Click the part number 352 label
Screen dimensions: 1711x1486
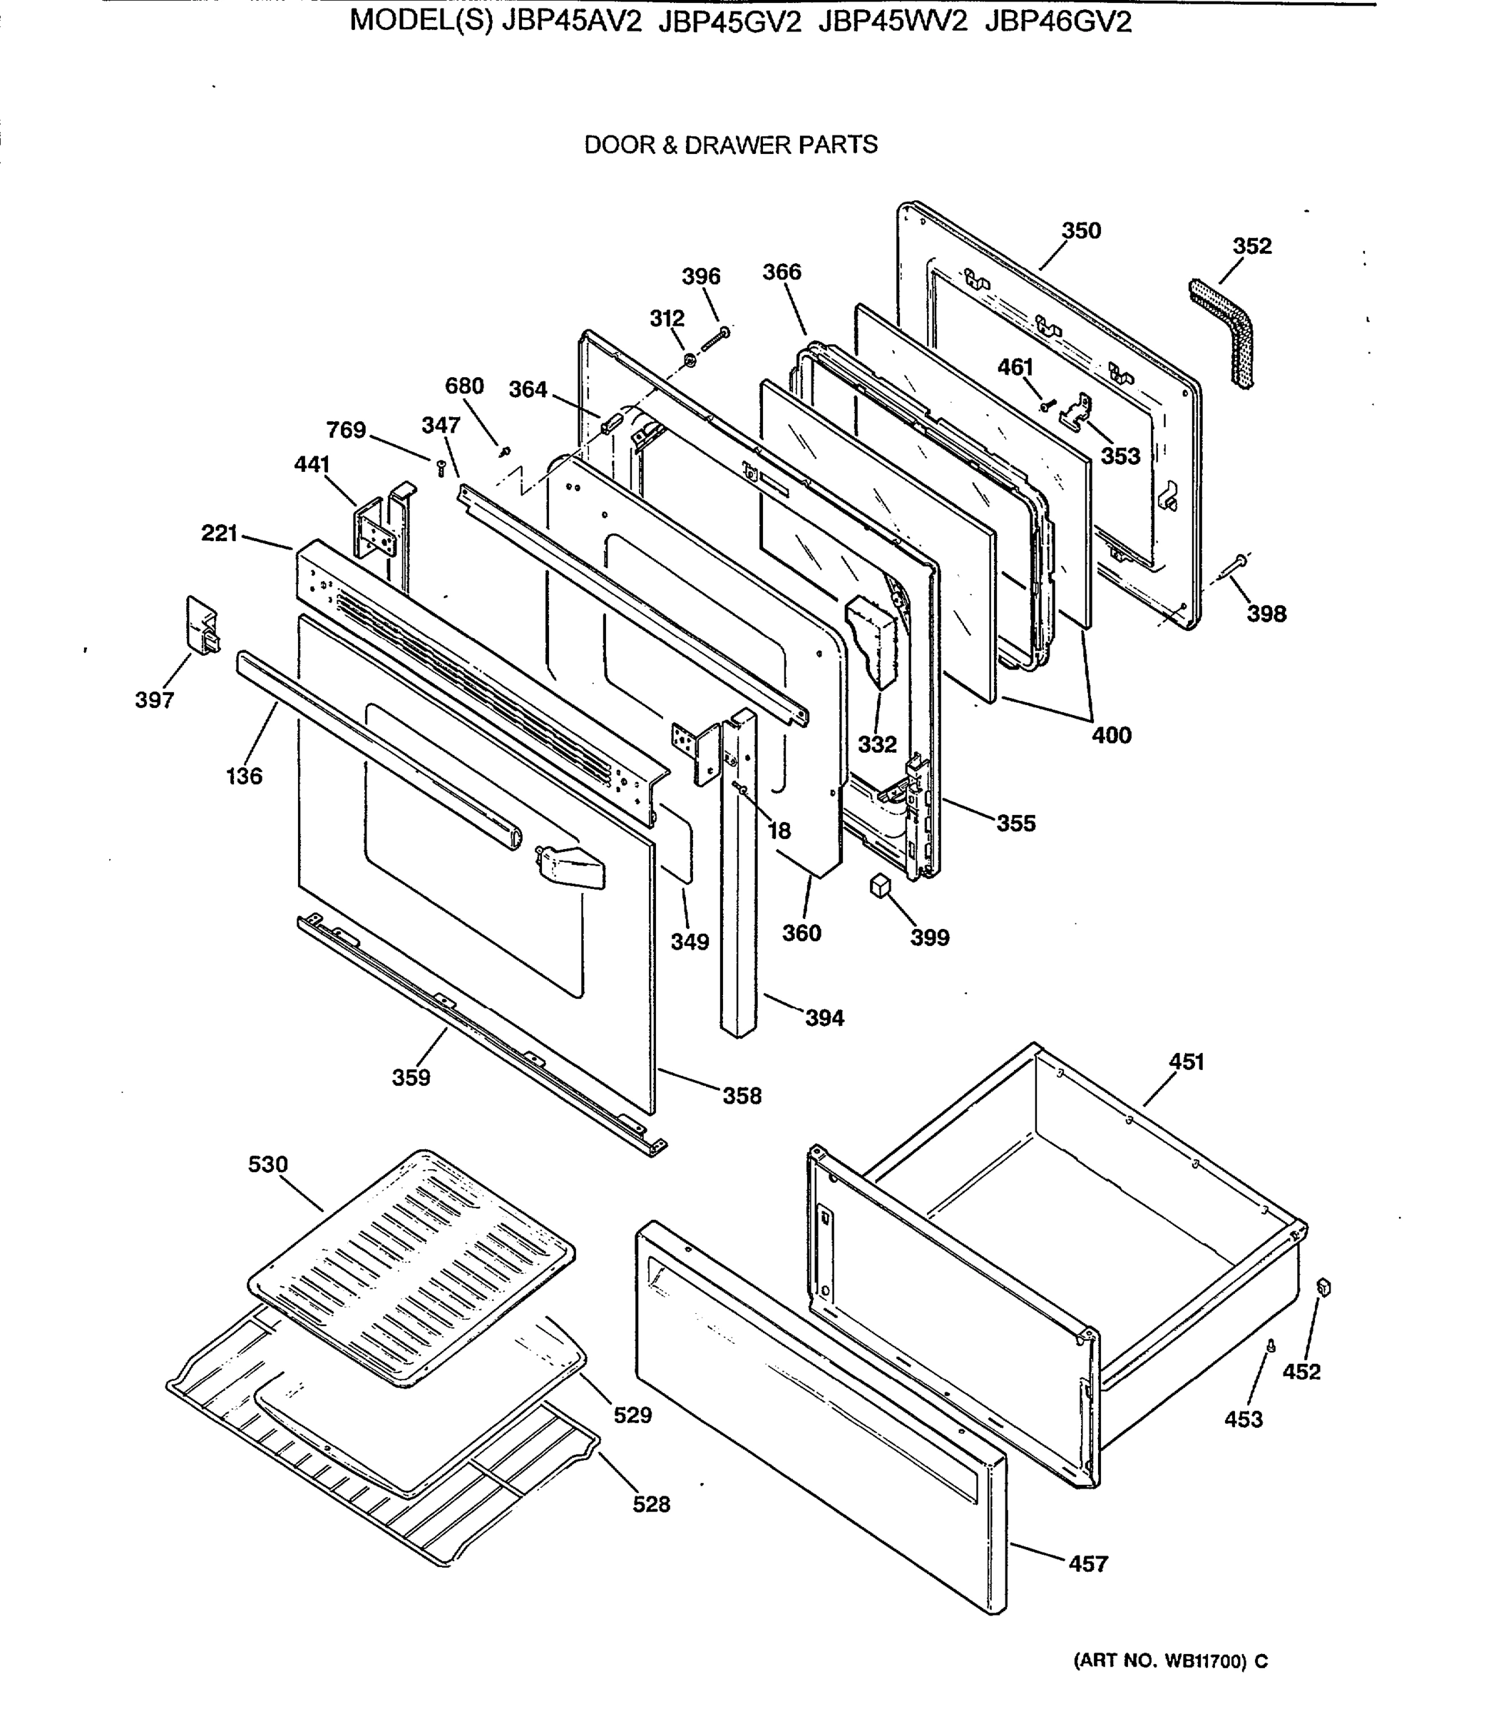click(1251, 246)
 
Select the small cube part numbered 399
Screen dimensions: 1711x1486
click(879, 885)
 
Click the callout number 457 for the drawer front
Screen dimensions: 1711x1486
click(1087, 1564)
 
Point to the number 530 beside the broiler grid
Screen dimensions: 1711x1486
click(268, 1165)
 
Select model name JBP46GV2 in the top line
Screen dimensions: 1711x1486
click(1057, 22)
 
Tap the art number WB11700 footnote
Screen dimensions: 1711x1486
click(1170, 1661)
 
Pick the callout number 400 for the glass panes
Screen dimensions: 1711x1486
click(1111, 735)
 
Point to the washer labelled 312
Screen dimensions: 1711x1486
click(689, 361)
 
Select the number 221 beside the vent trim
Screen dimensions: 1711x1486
click(220, 533)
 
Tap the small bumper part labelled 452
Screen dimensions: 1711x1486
click(1323, 1288)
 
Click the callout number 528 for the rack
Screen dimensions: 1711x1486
click(651, 1504)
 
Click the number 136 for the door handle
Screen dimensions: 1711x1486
click(244, 777)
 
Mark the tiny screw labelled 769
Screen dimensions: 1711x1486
click(441, 468)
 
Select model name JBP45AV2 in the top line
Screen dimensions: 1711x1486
click(572, 22)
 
